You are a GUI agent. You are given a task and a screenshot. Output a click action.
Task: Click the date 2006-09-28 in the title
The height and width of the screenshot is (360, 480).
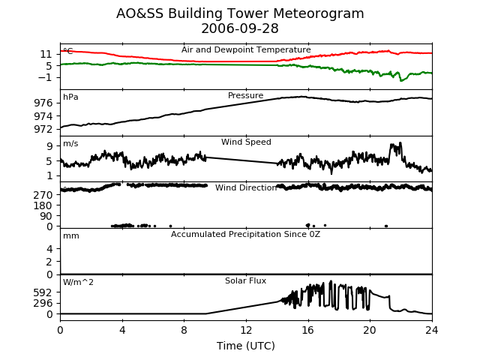click(240, 28)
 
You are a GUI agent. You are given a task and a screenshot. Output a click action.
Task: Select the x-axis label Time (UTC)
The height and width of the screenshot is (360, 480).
click(246, 346)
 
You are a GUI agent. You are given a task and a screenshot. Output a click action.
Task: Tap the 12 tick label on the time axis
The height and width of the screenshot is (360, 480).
click(246, 330)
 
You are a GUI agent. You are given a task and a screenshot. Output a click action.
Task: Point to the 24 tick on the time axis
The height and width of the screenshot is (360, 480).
click(432, 330)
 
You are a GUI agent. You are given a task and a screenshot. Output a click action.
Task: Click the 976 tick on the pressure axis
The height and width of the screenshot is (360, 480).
click(43, 103)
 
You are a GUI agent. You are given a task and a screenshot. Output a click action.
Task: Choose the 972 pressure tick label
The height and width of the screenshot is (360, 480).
click(43, 129)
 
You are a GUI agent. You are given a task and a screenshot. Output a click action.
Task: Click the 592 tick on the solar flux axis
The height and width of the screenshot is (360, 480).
click(43, 293)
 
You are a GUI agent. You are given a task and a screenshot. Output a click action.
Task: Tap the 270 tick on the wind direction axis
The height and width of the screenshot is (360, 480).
click(43, 195)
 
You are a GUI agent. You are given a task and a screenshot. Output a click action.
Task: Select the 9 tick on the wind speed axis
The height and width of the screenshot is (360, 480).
click(49, 146)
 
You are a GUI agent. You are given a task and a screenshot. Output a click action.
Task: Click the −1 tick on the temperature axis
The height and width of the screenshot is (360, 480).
click(45, 77)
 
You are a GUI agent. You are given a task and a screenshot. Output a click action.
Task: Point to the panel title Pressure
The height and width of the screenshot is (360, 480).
click(245, 95)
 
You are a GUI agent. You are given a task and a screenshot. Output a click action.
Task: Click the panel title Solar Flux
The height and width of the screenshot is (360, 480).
click(245, 280)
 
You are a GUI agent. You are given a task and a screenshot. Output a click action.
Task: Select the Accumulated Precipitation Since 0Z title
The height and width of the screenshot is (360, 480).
click(245, 234)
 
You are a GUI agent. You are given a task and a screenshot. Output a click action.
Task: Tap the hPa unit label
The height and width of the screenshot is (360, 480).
click(70, 97)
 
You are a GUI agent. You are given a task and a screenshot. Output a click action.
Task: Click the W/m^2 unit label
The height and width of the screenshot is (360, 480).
click(78, 282)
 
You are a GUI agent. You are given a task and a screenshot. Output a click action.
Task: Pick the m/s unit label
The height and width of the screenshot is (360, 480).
click(70, 143)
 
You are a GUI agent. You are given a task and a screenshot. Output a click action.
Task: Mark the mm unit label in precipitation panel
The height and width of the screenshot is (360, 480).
click(71, 236)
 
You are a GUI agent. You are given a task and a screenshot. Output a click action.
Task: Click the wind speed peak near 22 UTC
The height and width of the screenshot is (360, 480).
click(400, 142)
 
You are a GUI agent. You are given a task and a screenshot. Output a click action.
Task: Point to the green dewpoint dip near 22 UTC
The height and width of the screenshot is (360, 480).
click(401, 80)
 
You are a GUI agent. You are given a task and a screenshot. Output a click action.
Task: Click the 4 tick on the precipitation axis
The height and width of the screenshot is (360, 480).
click(49, 249)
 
